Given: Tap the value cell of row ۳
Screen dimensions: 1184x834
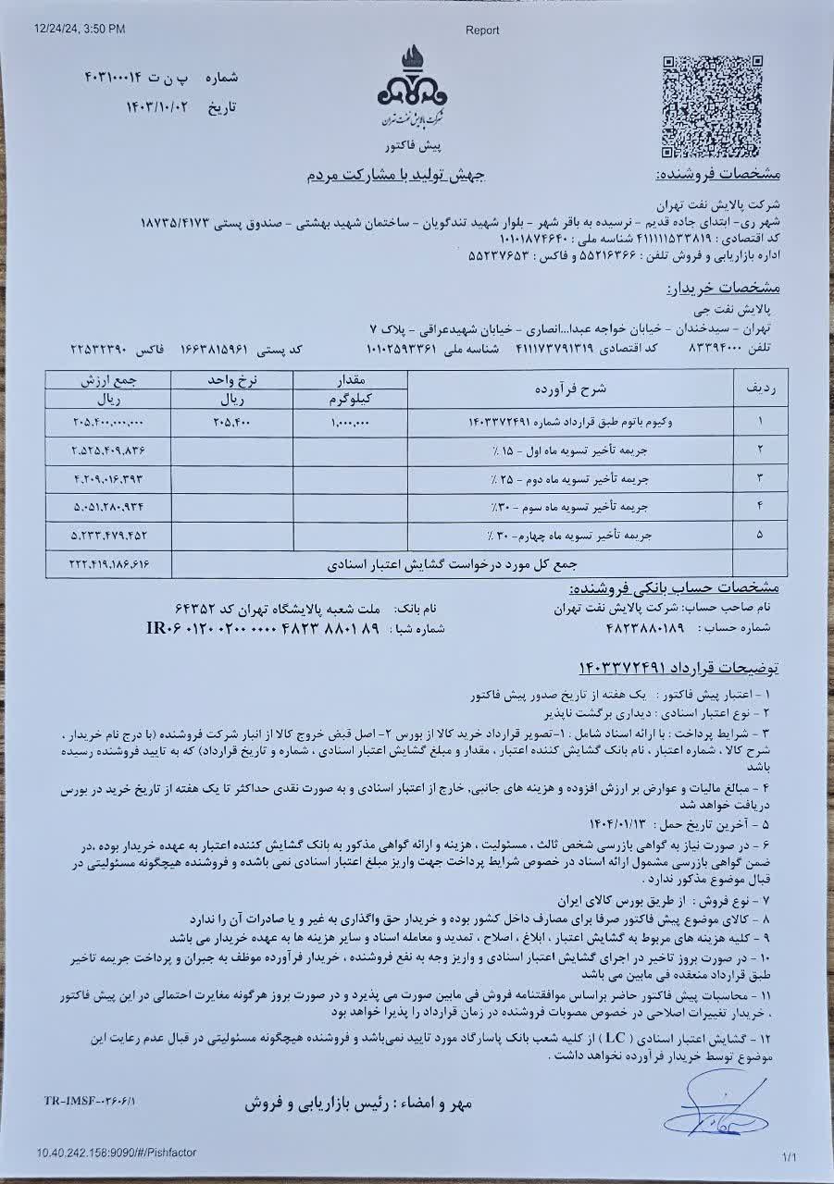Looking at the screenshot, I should (x=109, y=478).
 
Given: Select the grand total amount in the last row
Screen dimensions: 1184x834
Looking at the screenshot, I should (x=109, y=563).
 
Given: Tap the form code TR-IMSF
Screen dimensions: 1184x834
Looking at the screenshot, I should (x=89, y=1102).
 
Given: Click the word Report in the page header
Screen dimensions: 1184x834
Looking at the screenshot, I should (x=481, y=30).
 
